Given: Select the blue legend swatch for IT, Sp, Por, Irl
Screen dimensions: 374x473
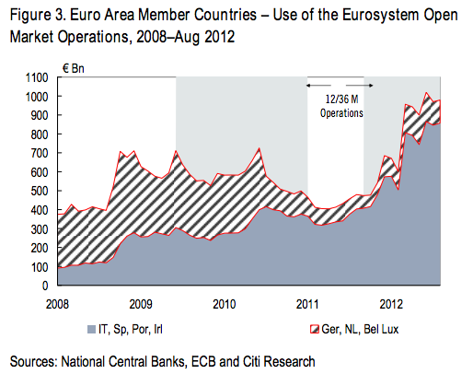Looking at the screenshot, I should click(x=90, y=329).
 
